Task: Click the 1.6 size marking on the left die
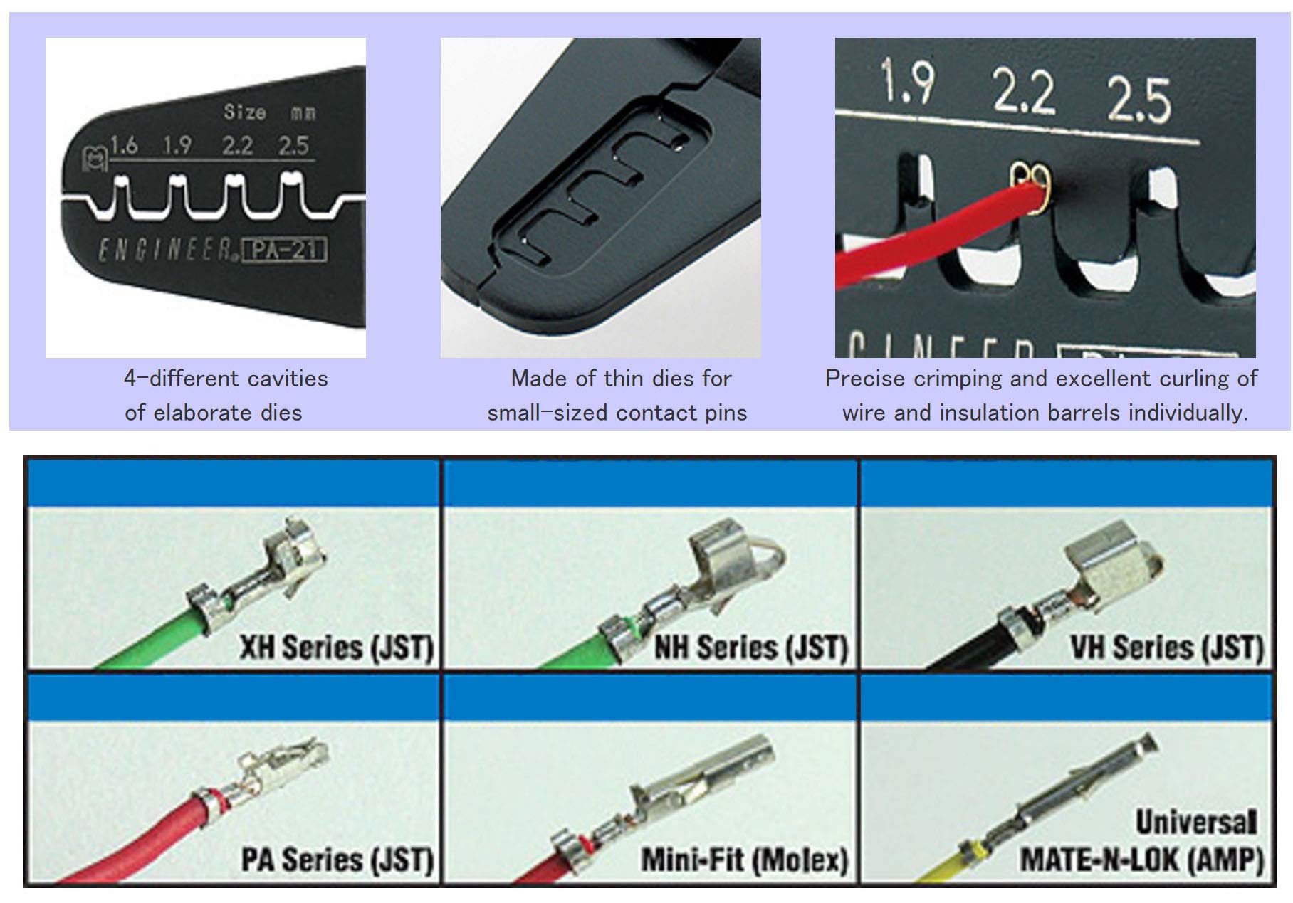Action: click(x=124, y=146)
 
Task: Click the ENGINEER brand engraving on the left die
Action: click(x=166, y=250)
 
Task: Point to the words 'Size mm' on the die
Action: click(x=269, y=112)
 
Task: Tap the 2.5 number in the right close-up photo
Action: click(x=1138, y=98)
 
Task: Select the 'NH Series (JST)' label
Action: click(x=751, y=648)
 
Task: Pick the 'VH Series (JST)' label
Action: click(x=1167, y=648)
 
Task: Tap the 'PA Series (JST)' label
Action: click(x=337, y=860)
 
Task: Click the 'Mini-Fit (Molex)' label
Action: click(x=745, y=860)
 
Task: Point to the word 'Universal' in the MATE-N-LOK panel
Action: click(x=1195, y=823)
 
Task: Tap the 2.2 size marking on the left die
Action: click(x=237, y=146)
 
